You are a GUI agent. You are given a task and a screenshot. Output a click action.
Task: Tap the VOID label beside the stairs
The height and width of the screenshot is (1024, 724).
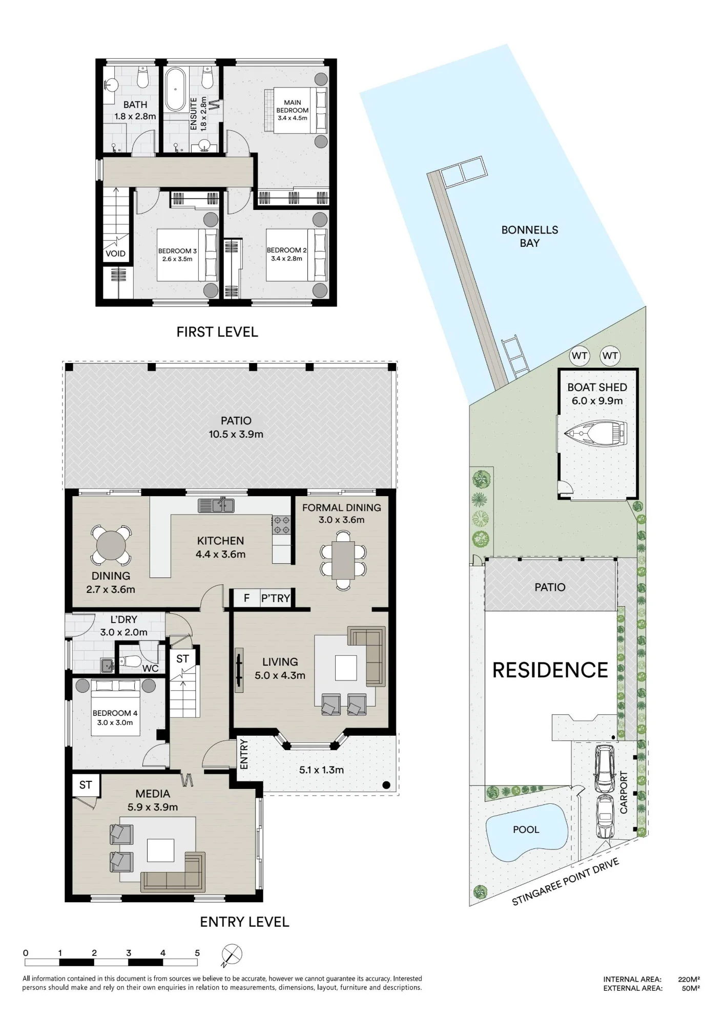(x=115, y=253)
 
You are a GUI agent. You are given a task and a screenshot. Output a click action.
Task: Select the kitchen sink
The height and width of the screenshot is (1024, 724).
(x=216, y=505)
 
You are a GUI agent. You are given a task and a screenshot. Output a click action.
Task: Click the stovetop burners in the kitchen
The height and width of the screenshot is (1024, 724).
(x=281, y=525)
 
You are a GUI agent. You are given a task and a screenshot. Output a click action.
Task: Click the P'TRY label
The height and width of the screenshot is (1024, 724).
(x=276, y=598)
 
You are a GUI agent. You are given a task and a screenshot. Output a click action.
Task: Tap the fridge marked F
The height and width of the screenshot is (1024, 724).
(x=246, y=598)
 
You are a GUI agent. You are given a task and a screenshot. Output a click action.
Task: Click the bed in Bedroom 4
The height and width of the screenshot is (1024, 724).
(x=116, y=708)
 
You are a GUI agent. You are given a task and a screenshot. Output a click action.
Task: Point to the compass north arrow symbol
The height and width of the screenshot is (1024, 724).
(x=232, y=956)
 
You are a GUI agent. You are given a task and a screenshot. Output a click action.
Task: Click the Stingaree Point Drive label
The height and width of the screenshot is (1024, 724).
(x=566, y=882)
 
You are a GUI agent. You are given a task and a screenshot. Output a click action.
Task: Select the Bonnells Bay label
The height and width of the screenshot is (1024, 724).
(x=530, y=237)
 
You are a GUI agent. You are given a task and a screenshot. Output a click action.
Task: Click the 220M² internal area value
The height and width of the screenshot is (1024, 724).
(x=689, y=979)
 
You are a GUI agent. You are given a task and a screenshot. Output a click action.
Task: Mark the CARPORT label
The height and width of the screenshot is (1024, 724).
(x=624, y=792)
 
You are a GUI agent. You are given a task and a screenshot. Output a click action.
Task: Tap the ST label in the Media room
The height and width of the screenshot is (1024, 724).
(x=86, y=785)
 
